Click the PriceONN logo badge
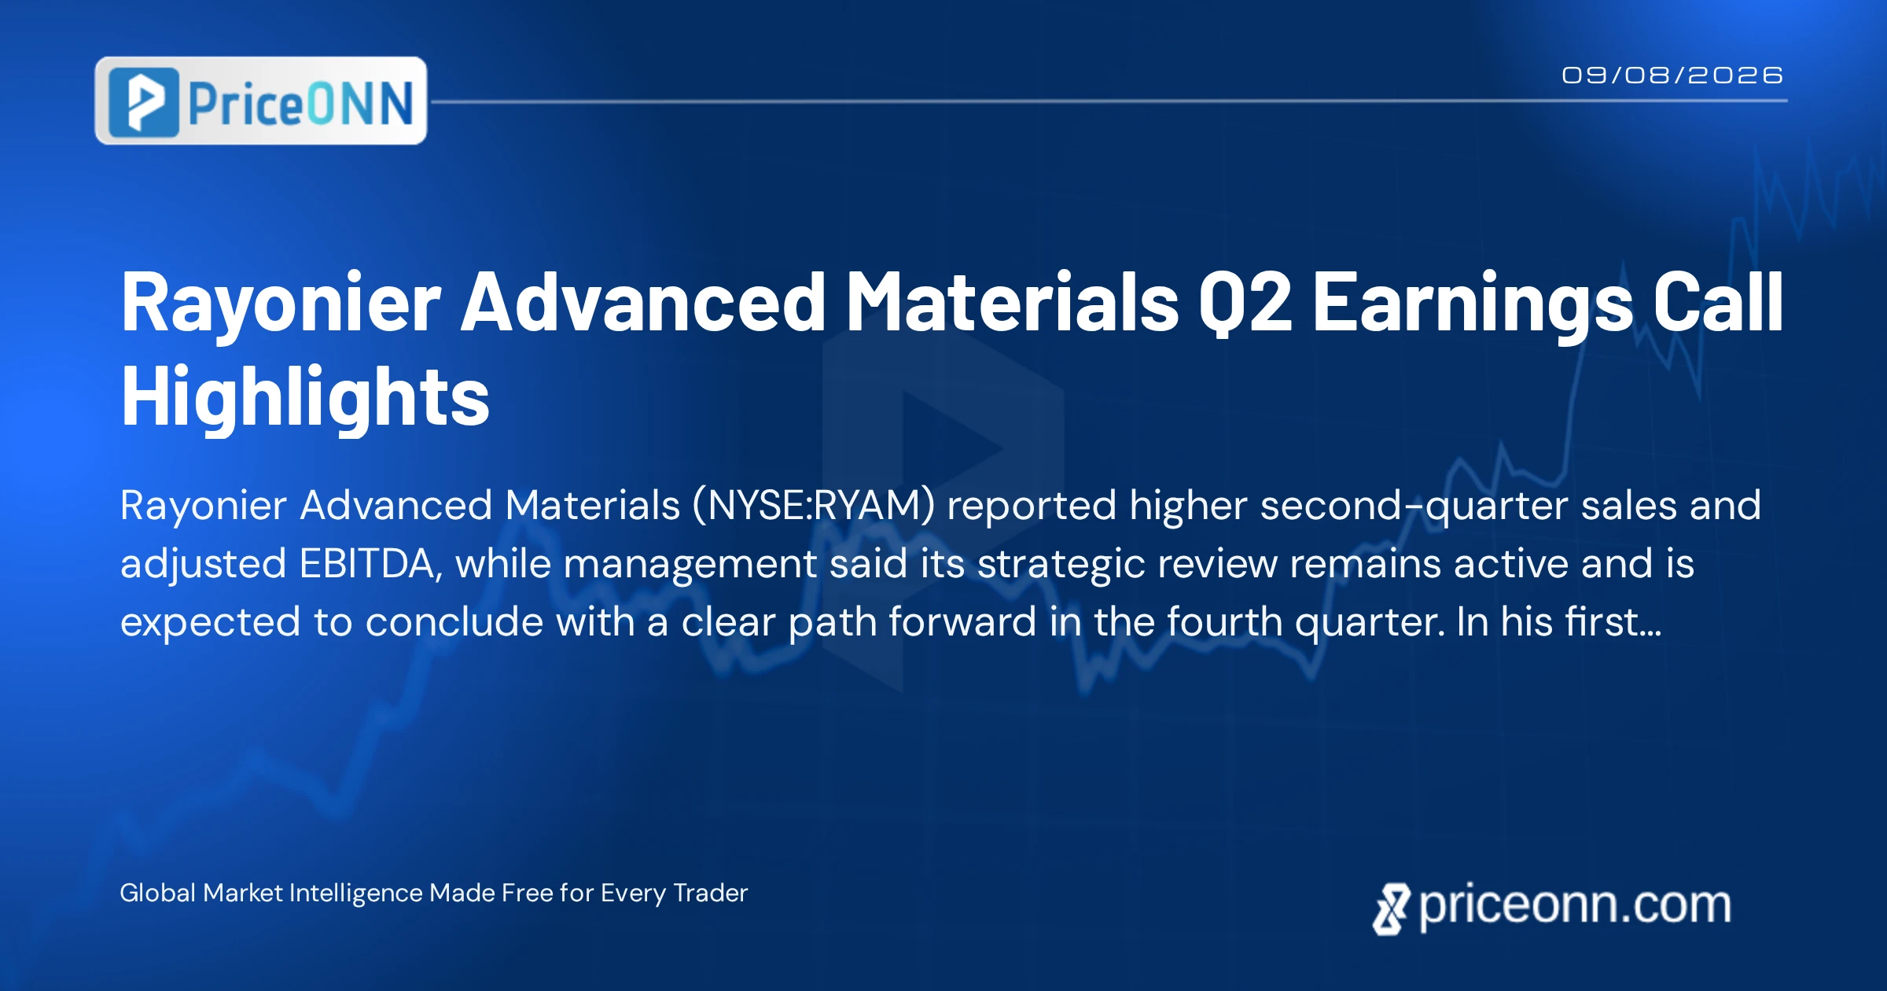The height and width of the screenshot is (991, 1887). [x=261, y=101]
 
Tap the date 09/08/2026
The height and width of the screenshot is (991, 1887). [x=1672, y=76]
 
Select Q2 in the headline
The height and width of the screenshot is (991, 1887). [x=1245, y=303]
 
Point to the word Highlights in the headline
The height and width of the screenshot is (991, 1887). [x=305, y=396]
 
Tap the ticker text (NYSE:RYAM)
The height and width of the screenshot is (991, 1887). [x=814, y=505]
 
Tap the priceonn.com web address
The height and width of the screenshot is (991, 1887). [x=1575, y=905]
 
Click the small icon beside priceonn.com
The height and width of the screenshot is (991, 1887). [x=1392, y=909]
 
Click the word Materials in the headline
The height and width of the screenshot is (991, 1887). [x=1012, y=303]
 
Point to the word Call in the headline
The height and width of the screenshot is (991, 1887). [x=1718, y=303]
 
